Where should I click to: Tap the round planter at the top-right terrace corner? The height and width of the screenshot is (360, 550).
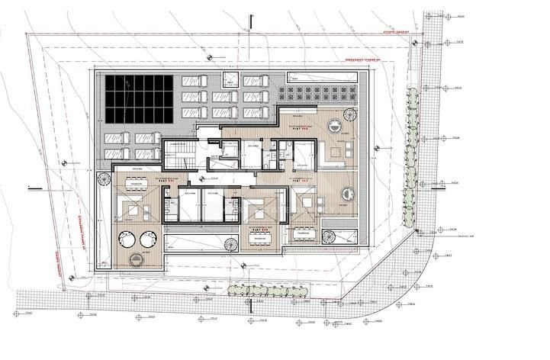click(x=350, y=115)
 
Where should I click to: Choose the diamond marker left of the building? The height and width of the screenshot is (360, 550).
click(x=64, y=162)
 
